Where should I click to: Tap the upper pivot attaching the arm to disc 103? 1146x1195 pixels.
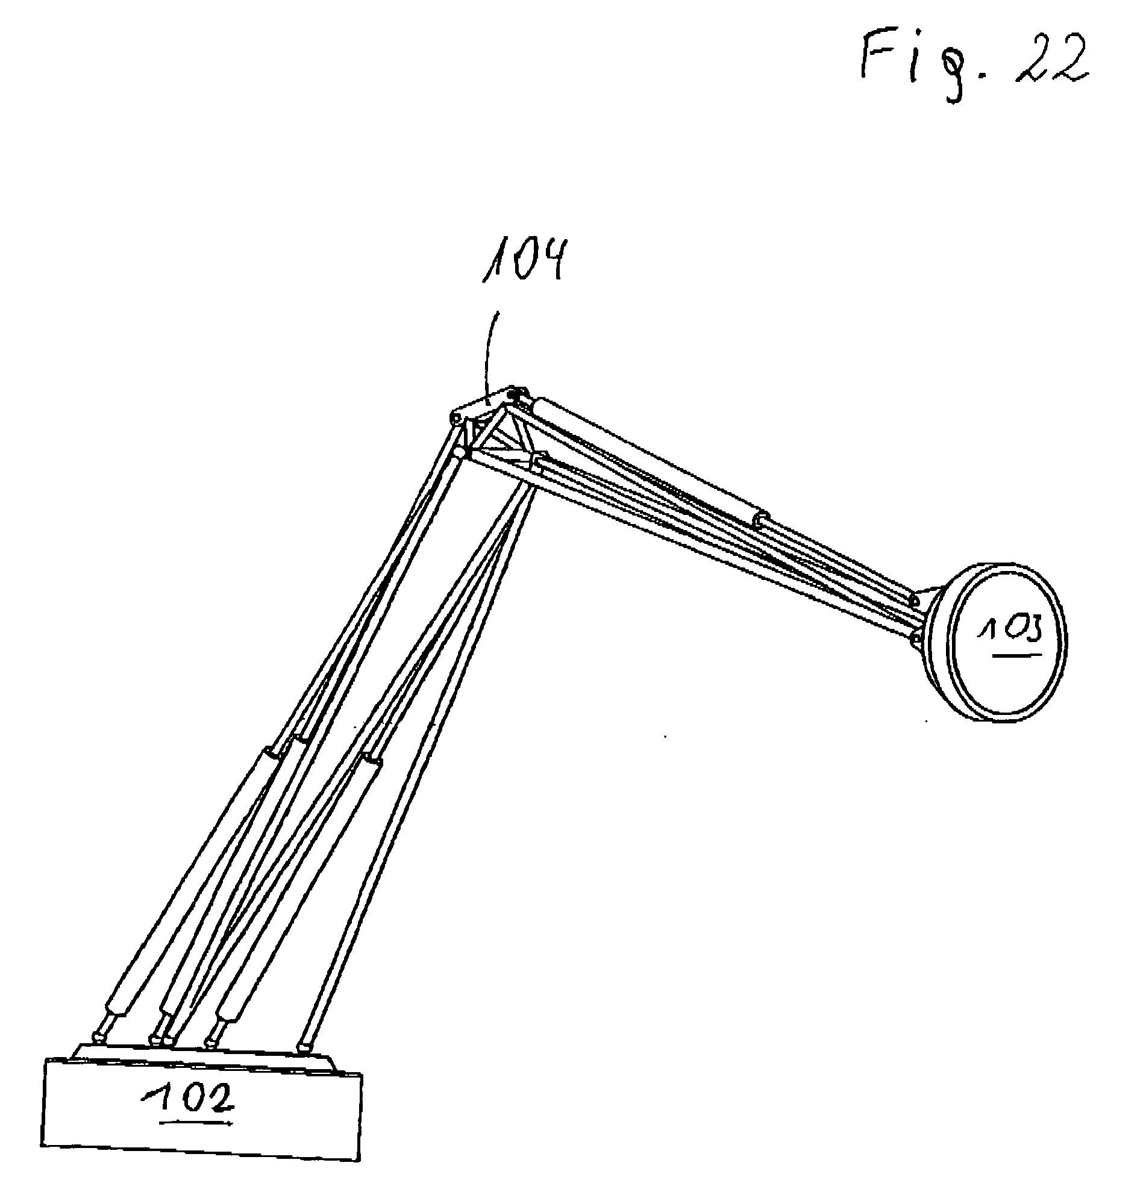tap(913, 599)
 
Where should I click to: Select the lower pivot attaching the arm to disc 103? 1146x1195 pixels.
tap(915, 639)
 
